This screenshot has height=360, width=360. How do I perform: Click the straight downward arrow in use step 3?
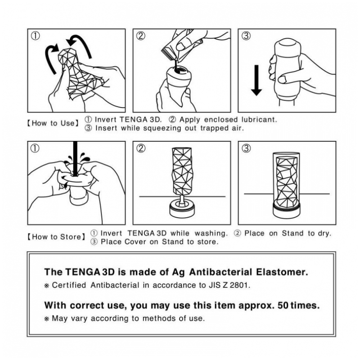(x=256, y=79)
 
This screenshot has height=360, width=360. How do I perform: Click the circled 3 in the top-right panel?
(x=246, y=36)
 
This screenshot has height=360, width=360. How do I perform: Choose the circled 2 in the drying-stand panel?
(x=141, y=148)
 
